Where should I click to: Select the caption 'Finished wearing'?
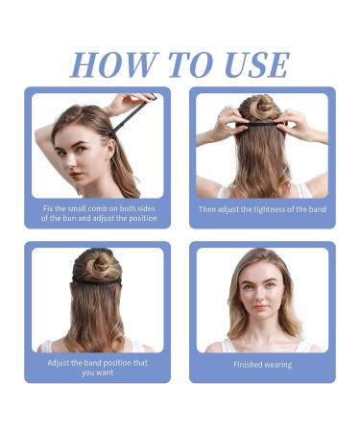pyautogui.click(x=262, y=365)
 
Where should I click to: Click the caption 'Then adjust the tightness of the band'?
pyautogui.click(x=262, y=209)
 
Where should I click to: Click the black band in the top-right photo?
pyautogui.click(x=263, y=123)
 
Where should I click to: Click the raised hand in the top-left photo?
pyautogui.click(x=123, y=100)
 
